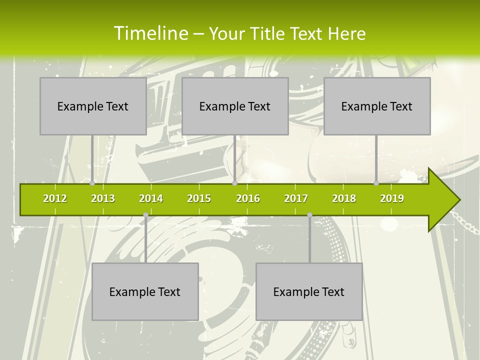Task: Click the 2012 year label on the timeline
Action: [55, 198]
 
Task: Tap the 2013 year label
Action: [103, 198]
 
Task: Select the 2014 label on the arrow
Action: [151, 198]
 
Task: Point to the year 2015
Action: [199, 198]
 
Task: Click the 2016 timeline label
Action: [248, 198]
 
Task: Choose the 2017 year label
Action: [296, 198]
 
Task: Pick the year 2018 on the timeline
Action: [344, 198]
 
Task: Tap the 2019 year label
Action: [392, 198]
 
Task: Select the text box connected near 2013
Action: [93, 106]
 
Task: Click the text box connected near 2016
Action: [235, 106]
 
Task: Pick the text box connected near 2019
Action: [377, 106]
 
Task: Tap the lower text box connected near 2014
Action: [145, 291]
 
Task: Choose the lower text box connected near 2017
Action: [309, 291]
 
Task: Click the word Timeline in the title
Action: [150, 33]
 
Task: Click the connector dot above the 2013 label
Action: [92, 183]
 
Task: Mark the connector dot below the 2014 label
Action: [145, 215]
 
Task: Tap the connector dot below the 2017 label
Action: [309, 215]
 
